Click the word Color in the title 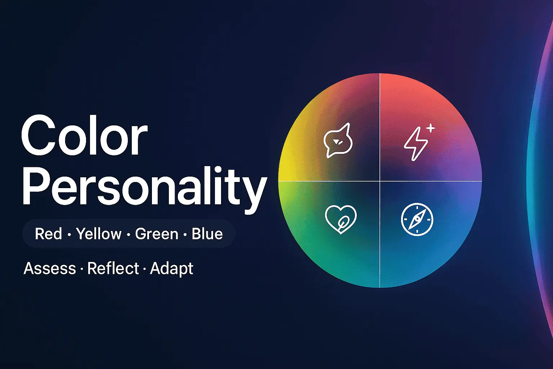(x=84, y=136)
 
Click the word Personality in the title (x=144, y=187)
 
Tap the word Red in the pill (x=48, y=234)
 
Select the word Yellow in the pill (x=99, y=234)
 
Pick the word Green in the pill (x=157, y=234)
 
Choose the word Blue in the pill (x=207, y=234)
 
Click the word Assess (x=50, y=268)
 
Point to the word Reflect (x=113, y=268)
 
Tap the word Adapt (x=171, y=268)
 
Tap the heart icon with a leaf (x=340, y=219)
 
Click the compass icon (x=417, y=219)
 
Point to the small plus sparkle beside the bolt (x=431, y=128)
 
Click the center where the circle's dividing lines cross (x=380, y=181)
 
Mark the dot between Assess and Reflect (x=82, y=269)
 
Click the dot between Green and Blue (x=185, y=235)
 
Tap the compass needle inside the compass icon (x=417, y=219)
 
